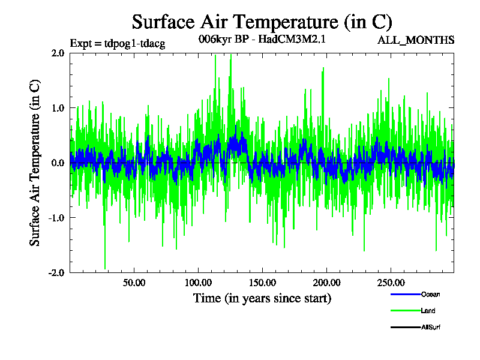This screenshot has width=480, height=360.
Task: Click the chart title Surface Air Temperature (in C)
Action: click(x=262, y=22)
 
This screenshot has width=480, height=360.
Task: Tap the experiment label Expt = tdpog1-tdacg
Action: click(x=118, y=43)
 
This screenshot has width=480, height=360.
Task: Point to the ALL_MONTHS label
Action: click(x=416, y=40)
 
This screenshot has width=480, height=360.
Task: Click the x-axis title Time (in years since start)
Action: click(x=262, y=298)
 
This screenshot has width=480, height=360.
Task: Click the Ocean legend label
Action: click(x=430, y=295)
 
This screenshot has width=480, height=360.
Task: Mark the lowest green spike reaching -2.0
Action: click(x=105, y=268)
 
